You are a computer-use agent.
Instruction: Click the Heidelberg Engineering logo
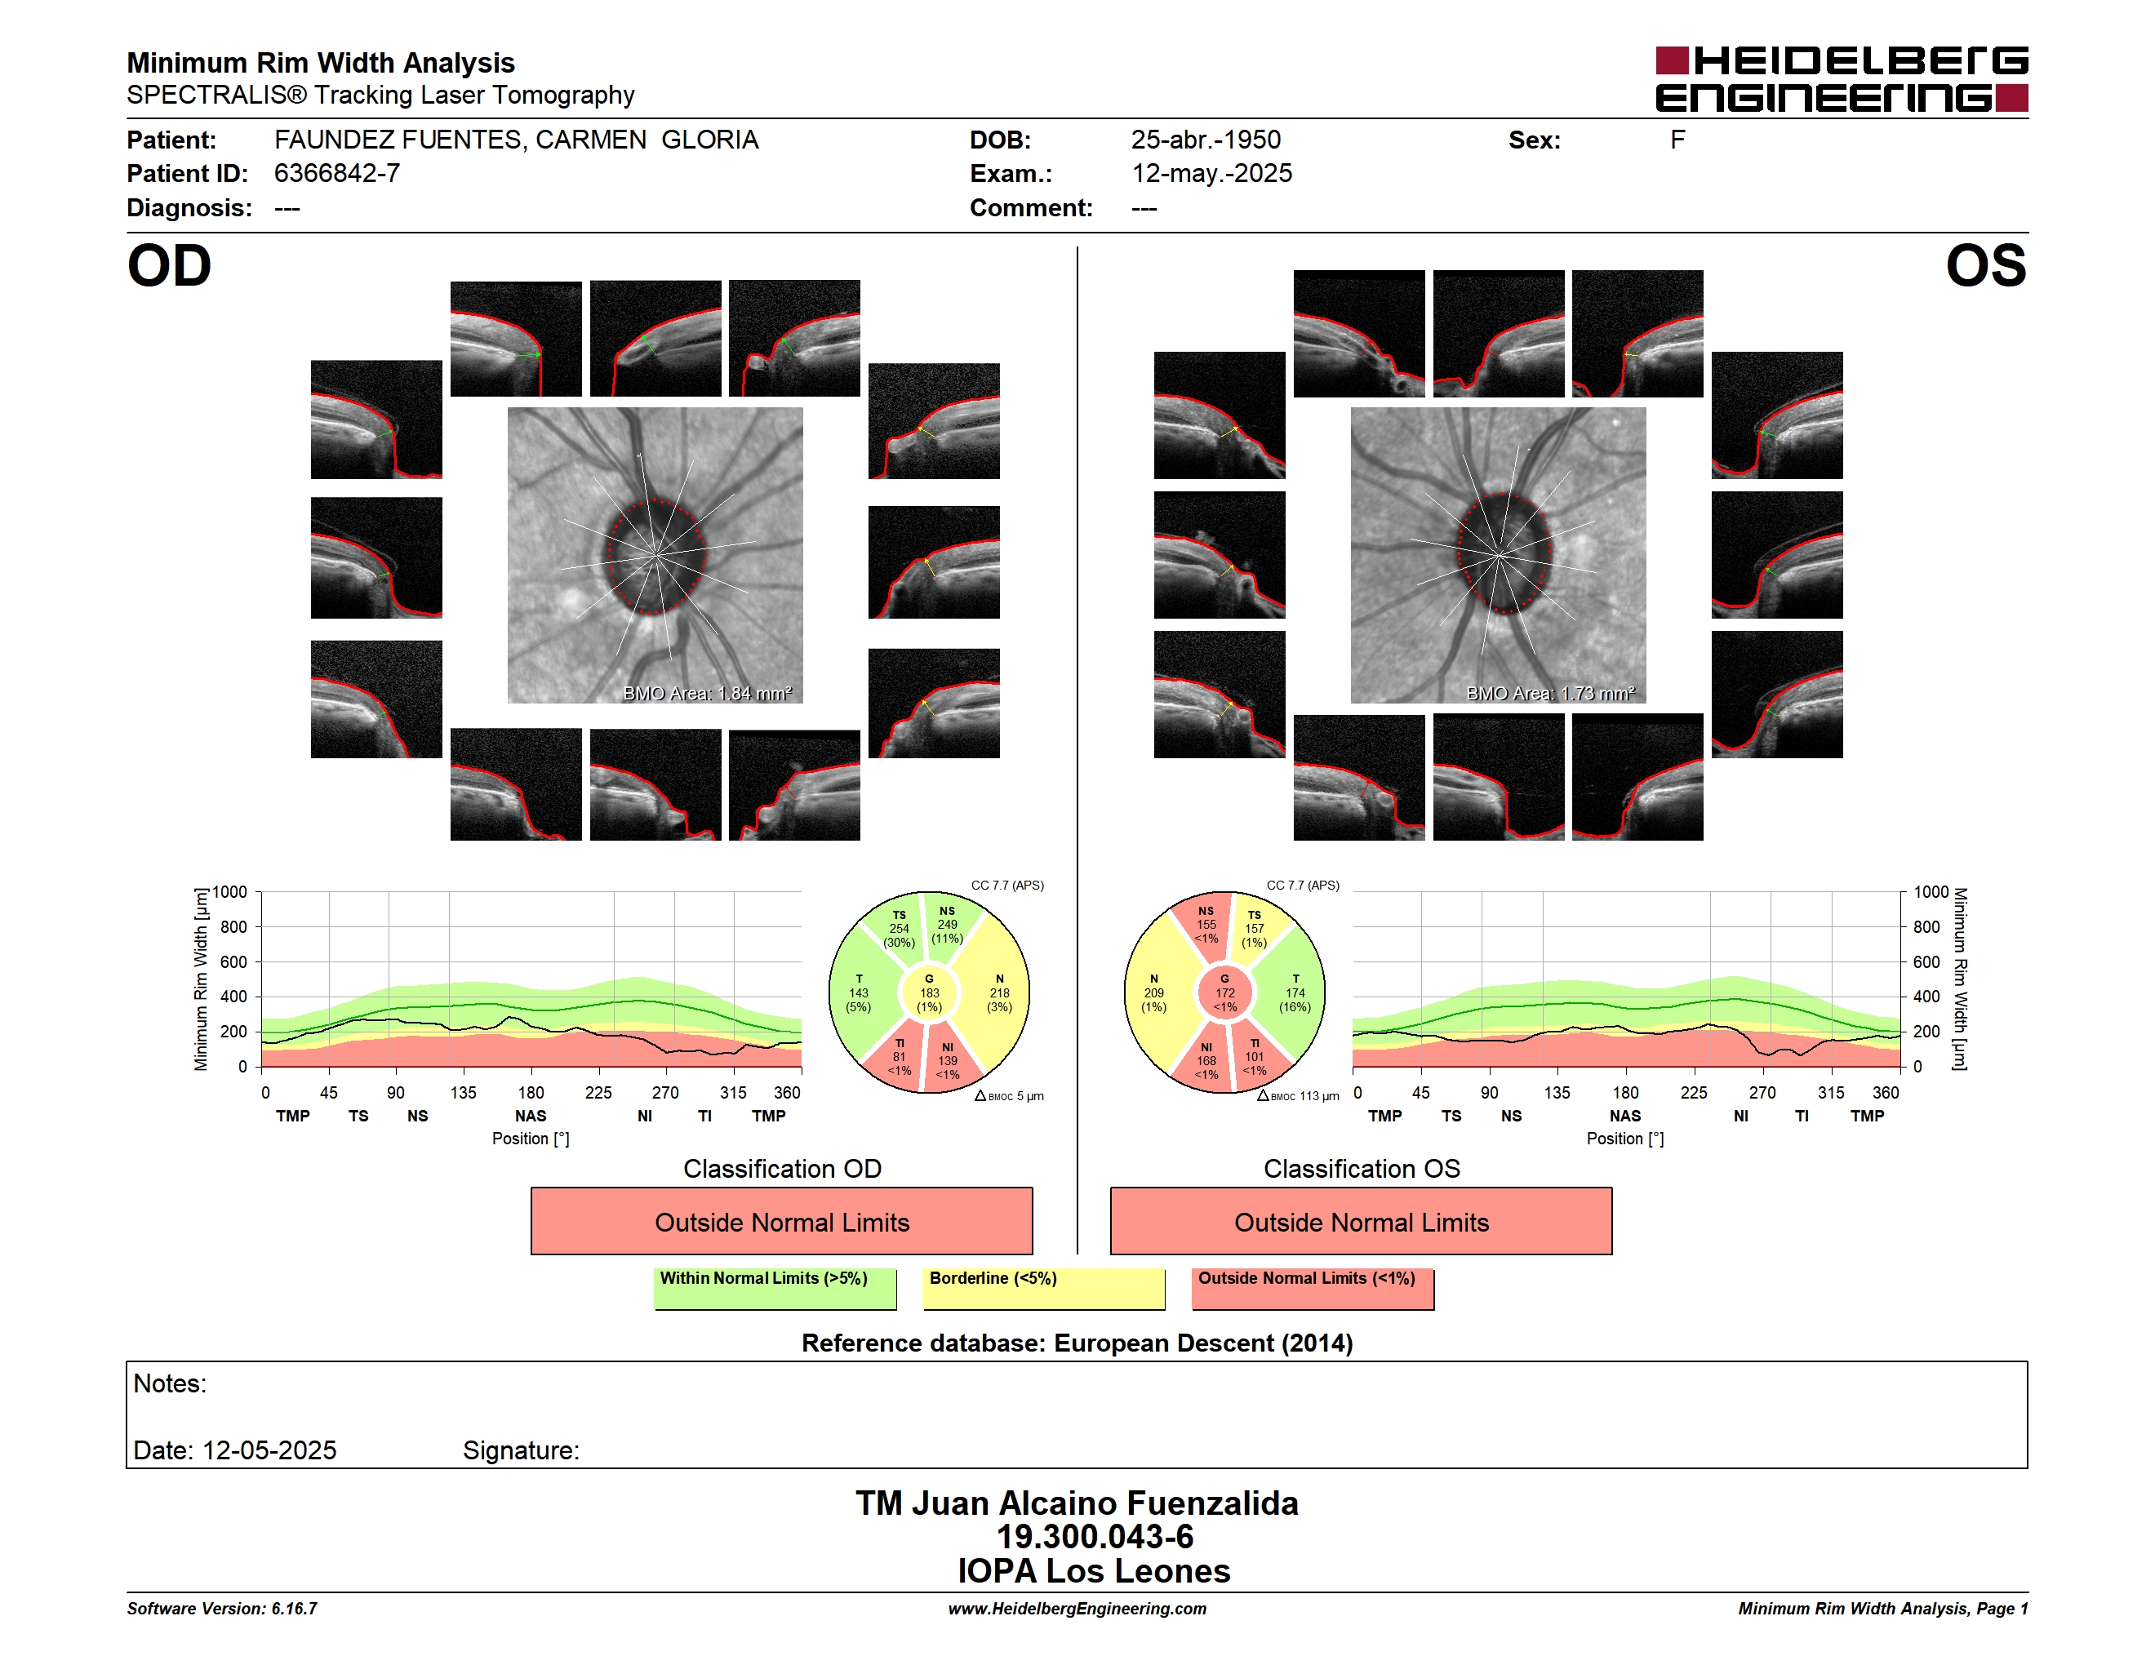tap(1842, 79)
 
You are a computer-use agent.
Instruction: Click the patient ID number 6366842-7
tap(336, 174)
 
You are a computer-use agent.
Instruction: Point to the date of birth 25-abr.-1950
tap(1206, 140)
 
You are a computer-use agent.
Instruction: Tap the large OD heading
tap(170, 266)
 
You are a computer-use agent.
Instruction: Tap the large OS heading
tap(1985, 266)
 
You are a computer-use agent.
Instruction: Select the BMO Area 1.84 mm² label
tap(708, 694)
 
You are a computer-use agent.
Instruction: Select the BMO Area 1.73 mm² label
tap(1550, 694)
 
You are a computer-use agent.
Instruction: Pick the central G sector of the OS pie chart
tap(1224, 993)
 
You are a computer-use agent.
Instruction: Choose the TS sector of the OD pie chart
tap(897, 928)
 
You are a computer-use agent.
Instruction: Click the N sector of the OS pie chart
tap(1154, 993)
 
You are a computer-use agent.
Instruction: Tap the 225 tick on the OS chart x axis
tap(1693, 1093)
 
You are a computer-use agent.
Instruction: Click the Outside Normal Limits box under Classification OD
tap(781, 1221)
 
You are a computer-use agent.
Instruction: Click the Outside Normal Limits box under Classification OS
tap(1361, 1221)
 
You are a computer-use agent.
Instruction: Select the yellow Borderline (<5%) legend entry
tap(1044, 1288)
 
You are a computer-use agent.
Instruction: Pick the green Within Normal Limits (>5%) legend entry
tap(775, 1288)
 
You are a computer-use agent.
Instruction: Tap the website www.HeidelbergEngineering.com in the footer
tap(1077, 1609)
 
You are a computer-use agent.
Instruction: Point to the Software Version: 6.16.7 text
tap(222, 1609)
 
